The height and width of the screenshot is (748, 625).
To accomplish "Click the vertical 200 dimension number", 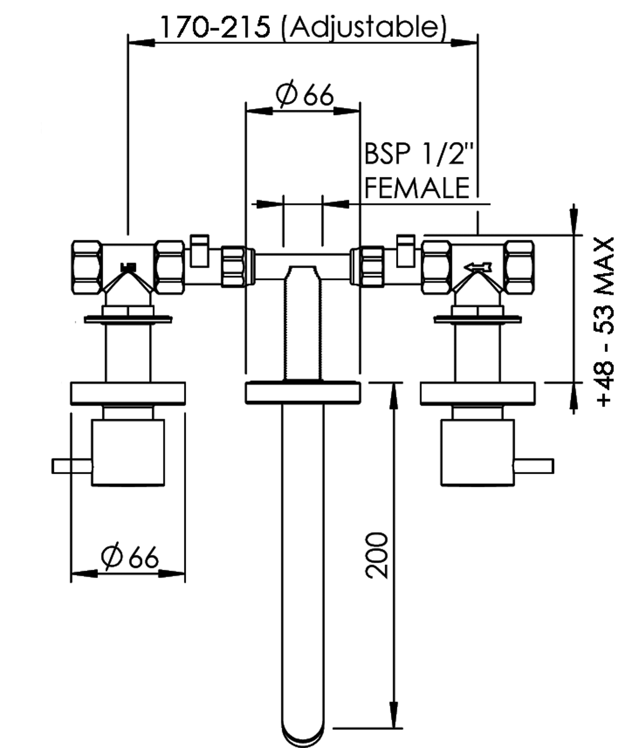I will [x=377, y=555].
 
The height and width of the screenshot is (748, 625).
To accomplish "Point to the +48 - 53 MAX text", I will [x=605, y=322].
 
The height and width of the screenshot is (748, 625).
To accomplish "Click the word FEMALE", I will [x=417, y=188].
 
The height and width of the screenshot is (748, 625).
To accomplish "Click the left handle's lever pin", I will [x=71, y=466].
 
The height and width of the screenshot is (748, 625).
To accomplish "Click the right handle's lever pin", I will [x=534, y=466].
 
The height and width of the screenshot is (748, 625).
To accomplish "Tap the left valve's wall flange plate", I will [x=128, y=393].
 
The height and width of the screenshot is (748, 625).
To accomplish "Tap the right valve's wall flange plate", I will [x=478, y=393].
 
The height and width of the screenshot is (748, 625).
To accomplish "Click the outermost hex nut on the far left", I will [x=86, y=267].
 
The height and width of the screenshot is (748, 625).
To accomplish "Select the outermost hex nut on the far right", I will [x=520, y=267].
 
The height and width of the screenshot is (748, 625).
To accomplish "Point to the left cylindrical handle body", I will [x=128, y=453].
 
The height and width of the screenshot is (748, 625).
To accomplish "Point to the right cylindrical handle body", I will [x=478, y=453].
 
